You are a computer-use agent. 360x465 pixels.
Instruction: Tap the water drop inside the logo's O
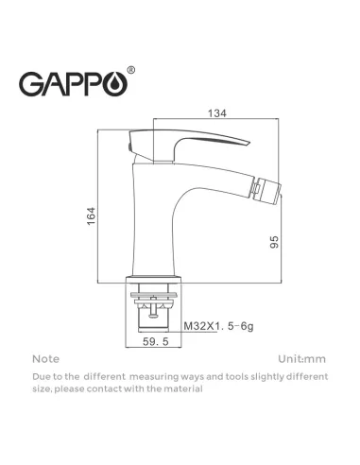click(x=118, y=84)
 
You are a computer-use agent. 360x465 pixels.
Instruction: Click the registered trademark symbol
click(x=131, y=70)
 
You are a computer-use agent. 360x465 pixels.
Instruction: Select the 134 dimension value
click(x=217, y=113)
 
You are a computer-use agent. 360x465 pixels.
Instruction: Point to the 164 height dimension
click(x=91, y=215)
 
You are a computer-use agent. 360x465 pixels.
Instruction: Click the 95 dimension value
click(x=274, y=242)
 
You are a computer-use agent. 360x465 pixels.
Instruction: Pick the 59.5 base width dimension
click(x=156, y=341)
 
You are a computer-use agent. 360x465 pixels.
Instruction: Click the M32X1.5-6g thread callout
click(x=218, y=326)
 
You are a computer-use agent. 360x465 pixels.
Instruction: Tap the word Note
click(x=46, y=359)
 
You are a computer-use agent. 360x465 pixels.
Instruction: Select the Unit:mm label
click(x=301, y=359)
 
